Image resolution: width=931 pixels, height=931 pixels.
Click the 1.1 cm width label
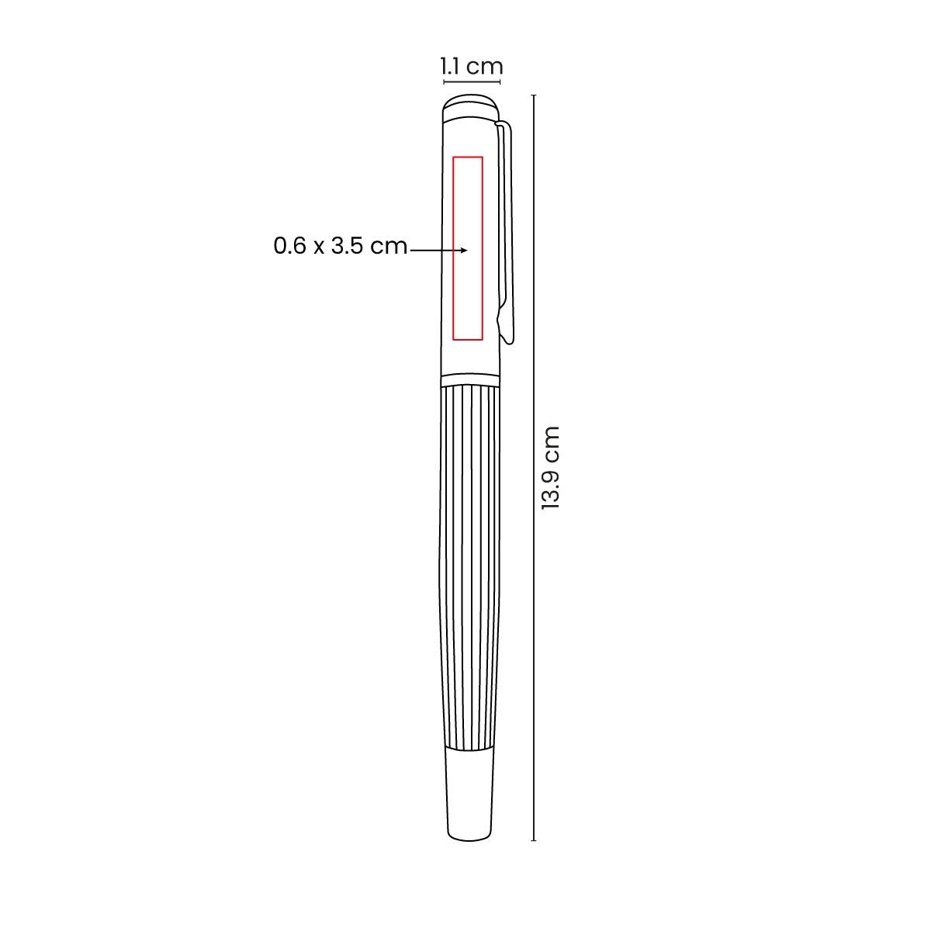click(x=472, y=66)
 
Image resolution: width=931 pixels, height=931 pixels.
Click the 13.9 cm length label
click(x=550, y=467)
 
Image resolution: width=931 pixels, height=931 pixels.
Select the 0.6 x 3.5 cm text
click(x=340, y=246)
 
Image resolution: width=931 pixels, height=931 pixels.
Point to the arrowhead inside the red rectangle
click(x=464, y=251)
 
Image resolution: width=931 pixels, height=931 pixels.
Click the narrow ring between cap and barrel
click(x=471, y=379)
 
